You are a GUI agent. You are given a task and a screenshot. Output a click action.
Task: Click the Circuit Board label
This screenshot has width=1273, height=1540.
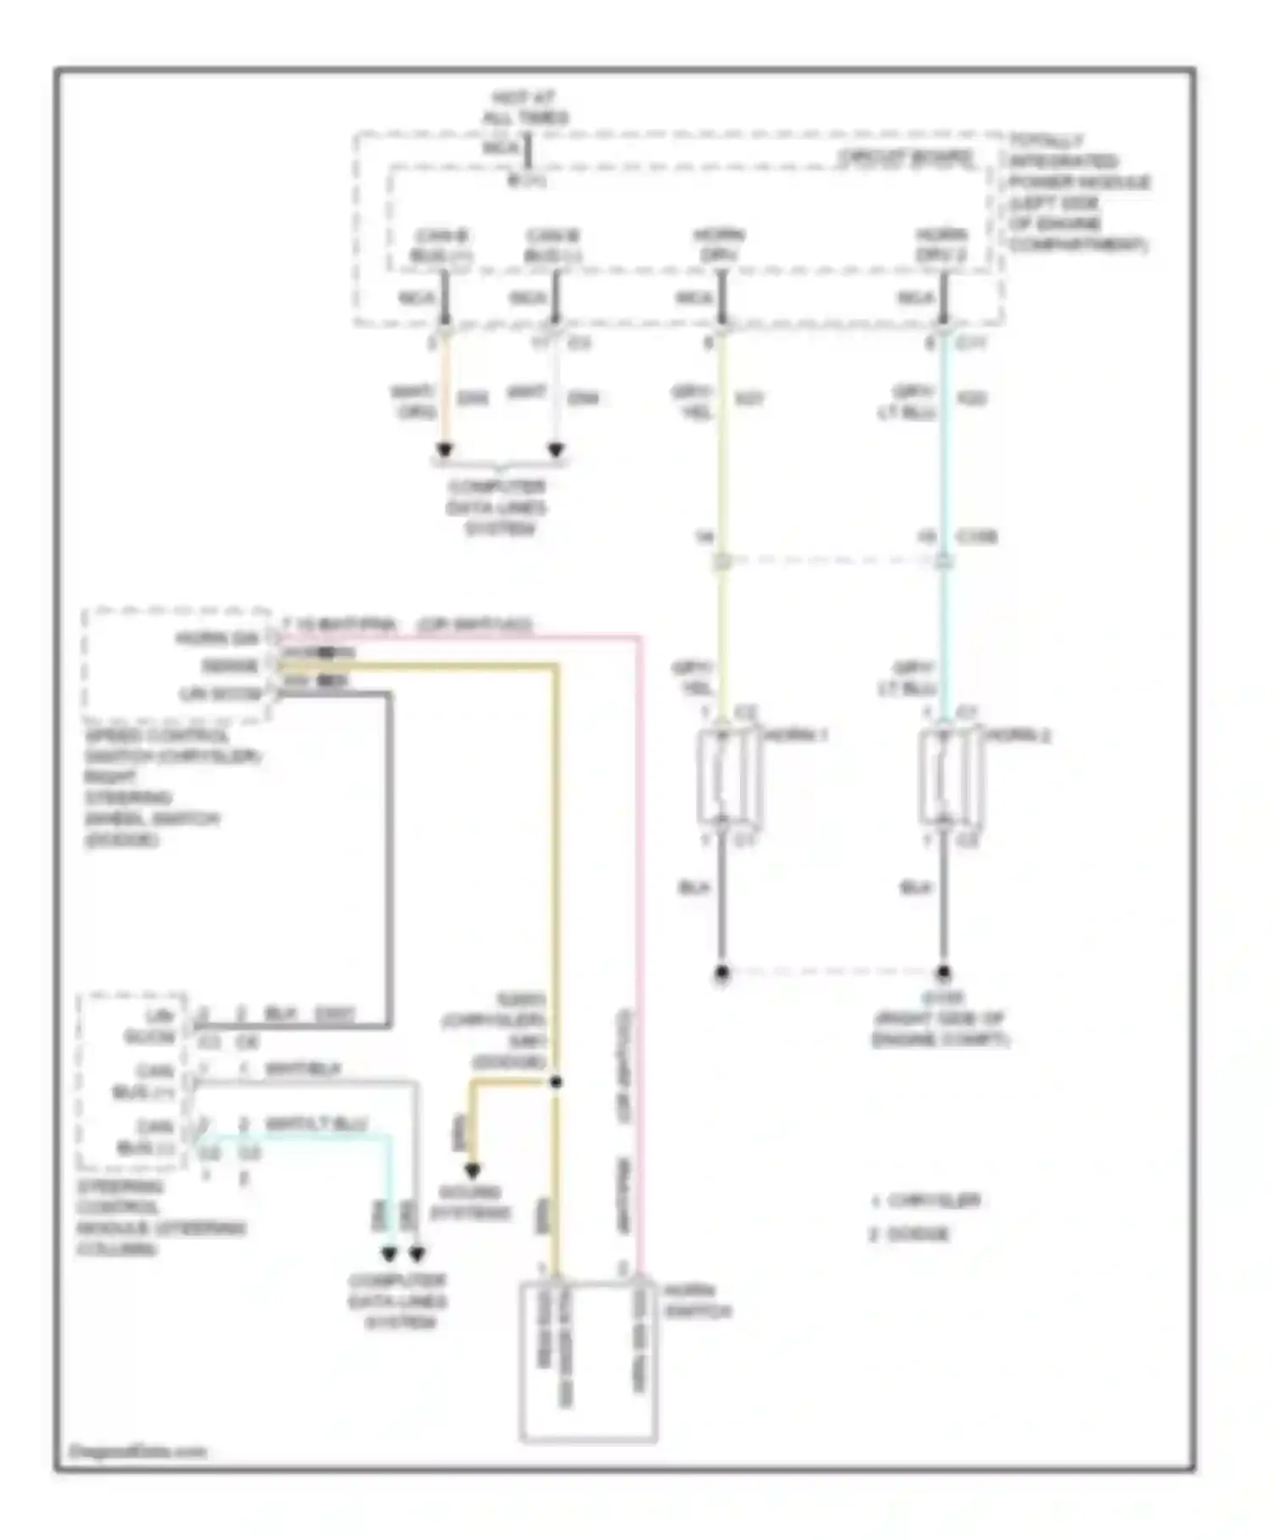(906, 158)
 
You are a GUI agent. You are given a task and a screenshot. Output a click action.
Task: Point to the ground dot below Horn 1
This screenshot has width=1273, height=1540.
(721, 973)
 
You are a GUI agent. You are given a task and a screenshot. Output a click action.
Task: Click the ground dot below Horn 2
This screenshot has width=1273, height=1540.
(943, 973)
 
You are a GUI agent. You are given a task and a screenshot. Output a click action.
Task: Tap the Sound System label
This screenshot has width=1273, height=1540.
(471, 1202)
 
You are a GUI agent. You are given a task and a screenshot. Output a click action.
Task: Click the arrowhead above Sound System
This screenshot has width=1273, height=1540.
(472, 1172)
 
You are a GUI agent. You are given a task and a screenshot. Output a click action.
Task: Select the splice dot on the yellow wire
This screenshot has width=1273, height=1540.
(556, 1082)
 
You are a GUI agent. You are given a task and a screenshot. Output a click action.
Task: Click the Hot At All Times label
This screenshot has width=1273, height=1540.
(525, 108)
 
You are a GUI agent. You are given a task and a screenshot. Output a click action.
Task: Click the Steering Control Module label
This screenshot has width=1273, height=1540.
(160, 1217)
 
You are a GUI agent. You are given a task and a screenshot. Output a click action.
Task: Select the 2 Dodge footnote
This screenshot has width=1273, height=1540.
(909, 1234)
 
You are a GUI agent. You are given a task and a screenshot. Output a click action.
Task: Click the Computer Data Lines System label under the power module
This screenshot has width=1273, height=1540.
(498, 508)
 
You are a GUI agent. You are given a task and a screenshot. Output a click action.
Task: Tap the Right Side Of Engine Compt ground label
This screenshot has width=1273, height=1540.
(941, 1019)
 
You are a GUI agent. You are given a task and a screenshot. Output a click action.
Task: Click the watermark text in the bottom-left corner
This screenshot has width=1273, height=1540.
(137, 1451)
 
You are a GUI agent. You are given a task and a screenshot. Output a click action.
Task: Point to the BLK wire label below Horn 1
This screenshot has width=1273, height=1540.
(693, 888)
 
